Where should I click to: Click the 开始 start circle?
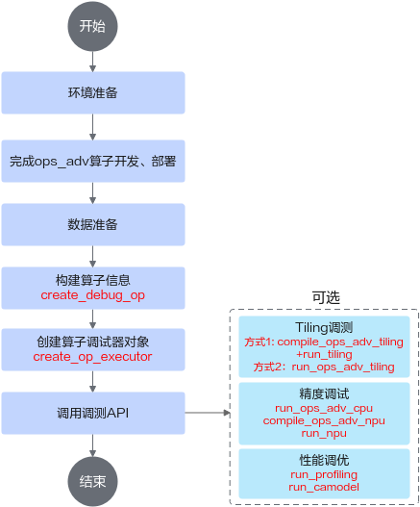(x=92, y=26)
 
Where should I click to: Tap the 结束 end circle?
(x=92, y=481)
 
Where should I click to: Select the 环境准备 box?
(x=93, y=92)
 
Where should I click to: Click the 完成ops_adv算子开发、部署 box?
(x=93, y=161)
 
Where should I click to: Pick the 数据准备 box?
(x=93, y=224)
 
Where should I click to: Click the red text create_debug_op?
(x=92, y=295)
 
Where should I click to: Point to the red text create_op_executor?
(x=92, y=357)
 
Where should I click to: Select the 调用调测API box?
(x=93, y=413)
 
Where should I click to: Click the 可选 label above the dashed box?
(x=326, y=297)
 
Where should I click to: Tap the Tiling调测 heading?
(x=324, y=327)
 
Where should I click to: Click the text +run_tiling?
(x=324, y=354)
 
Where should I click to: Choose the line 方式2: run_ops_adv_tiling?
(x=324, y=367)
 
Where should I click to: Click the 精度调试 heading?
(x=324, y=393)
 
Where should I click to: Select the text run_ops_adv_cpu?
(x=324, y=408)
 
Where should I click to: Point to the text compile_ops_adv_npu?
(x=324, y=420)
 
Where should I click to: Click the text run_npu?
(x=324, y=433)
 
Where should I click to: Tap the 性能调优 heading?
(x=324, y=460)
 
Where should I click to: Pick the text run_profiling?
(x=324, y=474)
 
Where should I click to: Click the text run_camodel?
(x=324, y=487)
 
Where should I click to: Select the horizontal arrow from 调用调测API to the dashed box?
(x=208, y=413)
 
